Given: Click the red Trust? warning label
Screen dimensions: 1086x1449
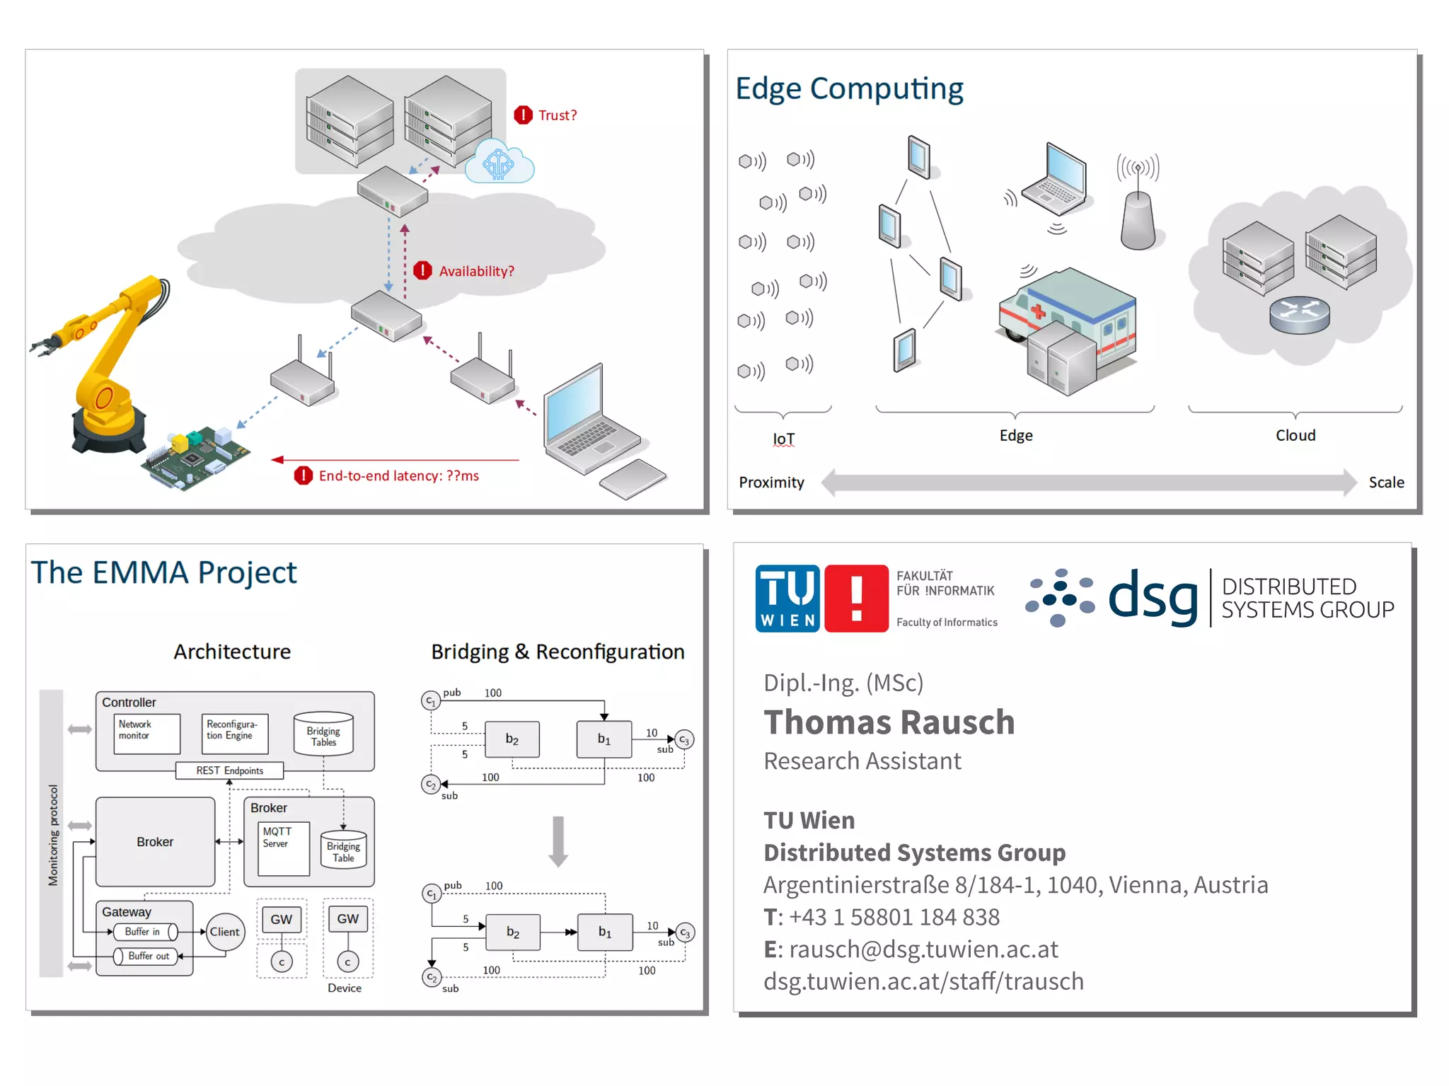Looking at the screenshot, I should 556,115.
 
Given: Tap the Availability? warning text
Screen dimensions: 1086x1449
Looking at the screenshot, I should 475,272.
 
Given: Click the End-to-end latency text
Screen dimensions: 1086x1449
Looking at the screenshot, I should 398,476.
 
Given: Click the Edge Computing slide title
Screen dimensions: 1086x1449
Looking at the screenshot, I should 849,89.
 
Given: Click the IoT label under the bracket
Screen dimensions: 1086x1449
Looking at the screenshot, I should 783,439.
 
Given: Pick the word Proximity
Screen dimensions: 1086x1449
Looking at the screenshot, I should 771,483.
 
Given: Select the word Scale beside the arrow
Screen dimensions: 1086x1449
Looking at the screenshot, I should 1385,483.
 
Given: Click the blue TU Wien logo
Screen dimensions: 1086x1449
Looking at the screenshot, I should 787,599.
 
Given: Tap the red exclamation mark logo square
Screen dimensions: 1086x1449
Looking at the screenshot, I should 856,599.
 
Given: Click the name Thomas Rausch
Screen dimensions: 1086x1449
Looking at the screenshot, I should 889,722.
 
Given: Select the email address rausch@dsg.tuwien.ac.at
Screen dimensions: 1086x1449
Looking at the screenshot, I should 923,949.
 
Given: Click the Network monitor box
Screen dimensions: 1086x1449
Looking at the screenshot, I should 146,733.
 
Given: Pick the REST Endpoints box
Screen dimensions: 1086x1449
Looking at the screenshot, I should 229,770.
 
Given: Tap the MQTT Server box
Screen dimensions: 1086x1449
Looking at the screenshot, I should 283,848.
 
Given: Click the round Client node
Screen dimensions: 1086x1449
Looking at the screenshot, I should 224,932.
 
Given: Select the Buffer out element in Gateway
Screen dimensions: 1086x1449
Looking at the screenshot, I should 148,957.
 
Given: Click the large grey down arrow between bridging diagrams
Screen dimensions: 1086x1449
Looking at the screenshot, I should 558,841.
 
